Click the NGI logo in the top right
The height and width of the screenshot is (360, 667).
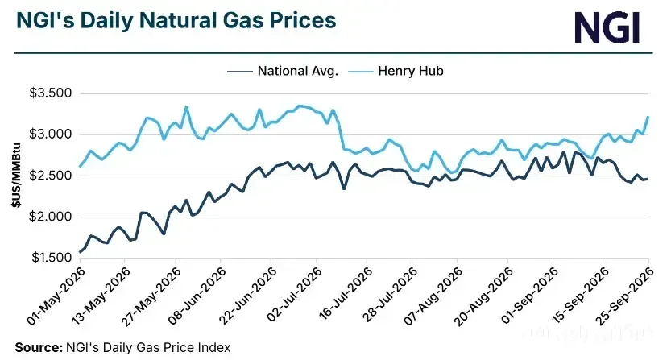tap(607, 27)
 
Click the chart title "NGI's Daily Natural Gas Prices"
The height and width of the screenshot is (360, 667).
tap(176, 20)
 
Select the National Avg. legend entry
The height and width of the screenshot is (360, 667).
tap(283, 71)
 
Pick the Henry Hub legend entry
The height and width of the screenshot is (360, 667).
tap(396, 71)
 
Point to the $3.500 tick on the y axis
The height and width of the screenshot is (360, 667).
tap(50, 93)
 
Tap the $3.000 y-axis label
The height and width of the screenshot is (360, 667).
tap(50, 134)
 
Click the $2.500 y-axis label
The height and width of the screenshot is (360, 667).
tap(50, 176)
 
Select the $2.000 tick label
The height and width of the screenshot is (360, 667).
tap(50, 217)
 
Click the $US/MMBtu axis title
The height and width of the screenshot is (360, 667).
tap(16, 176)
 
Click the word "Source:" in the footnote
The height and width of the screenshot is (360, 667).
tap(39, 347)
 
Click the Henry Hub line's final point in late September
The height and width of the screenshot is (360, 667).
tap(648, 117)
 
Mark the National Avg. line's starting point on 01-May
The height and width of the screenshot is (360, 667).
tap(80, 252)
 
